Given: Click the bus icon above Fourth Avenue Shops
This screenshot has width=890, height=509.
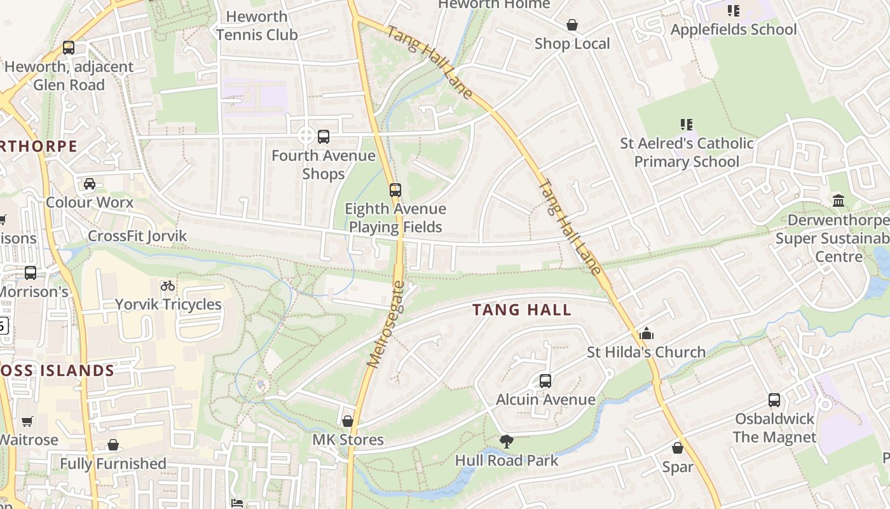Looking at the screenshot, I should point(324,136).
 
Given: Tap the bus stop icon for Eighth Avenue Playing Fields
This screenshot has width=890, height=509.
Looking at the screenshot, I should point(395,190).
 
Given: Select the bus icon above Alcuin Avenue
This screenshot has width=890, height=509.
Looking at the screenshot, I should point(545,381).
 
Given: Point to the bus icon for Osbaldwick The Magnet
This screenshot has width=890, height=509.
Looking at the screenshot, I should point(774,400).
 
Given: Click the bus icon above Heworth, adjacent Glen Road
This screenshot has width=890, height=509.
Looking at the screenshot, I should point(69,48).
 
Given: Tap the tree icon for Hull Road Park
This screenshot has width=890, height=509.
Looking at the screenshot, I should point(507,441).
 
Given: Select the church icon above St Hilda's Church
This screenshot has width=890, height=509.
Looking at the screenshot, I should point(646,333).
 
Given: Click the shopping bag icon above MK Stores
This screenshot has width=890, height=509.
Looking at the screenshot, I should point(348,421).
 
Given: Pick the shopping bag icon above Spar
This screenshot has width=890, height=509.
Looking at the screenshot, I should point(678,448).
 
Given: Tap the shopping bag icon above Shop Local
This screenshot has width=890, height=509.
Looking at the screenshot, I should point(572,25).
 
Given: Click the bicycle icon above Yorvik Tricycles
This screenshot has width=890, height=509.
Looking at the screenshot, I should point(168,286).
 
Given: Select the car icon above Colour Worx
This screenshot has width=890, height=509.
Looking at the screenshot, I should point(90,184).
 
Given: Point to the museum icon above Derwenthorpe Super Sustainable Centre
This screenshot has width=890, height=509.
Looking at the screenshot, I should point(839,201).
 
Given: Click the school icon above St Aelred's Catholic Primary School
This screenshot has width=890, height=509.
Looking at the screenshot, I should point(687,125).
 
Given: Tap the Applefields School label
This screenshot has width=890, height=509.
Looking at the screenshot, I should point(733,30).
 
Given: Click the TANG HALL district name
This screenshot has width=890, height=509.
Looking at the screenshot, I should point(522,310).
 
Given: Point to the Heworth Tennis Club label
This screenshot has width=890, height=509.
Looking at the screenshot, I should point(257,25).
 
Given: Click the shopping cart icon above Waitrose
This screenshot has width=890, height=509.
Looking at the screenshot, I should point(27,421).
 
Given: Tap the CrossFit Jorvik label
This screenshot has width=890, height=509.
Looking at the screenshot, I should point(137,236).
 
